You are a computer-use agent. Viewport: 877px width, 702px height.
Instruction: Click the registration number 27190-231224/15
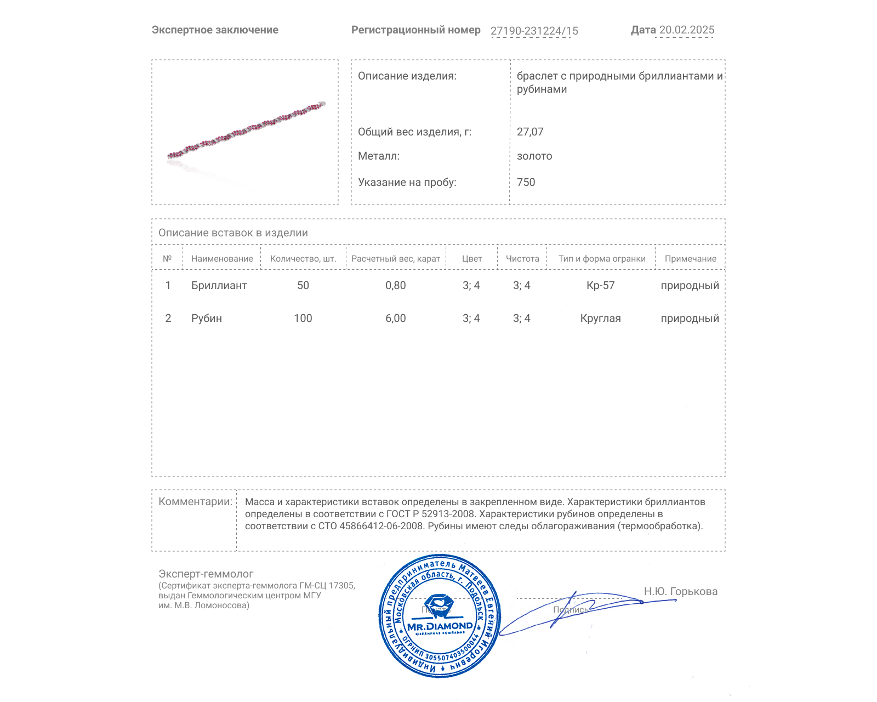[534, 31]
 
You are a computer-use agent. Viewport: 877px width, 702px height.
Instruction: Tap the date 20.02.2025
[686, 30]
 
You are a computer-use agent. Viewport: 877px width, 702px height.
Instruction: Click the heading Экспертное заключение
[215, 30]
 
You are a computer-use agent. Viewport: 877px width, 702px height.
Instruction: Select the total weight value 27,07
[530, 132]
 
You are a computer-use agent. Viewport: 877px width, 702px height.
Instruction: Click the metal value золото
[534, 156]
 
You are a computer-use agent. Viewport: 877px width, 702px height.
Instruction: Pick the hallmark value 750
[526, 182]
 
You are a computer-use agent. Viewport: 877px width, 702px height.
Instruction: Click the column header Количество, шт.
[303, 259]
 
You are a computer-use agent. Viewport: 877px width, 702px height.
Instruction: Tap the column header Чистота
[522, 259]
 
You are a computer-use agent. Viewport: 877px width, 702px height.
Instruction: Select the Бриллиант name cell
[219, 286]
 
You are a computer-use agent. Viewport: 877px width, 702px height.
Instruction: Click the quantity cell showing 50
[303, 286]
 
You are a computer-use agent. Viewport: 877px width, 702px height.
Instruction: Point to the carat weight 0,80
[396, 286]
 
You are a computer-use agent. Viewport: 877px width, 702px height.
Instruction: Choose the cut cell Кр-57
[601, 286]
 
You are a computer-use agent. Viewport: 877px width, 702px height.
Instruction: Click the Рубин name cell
[207, 319]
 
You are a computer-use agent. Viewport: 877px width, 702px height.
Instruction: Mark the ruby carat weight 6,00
[396, 319]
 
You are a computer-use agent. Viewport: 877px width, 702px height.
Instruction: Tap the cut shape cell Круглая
[601, 319]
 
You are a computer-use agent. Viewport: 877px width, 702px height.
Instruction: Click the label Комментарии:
[195, 502]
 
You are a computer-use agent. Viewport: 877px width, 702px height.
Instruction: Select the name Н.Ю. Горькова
[680, 592]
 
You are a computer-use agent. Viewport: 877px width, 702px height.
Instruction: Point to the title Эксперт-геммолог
[206, 574]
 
